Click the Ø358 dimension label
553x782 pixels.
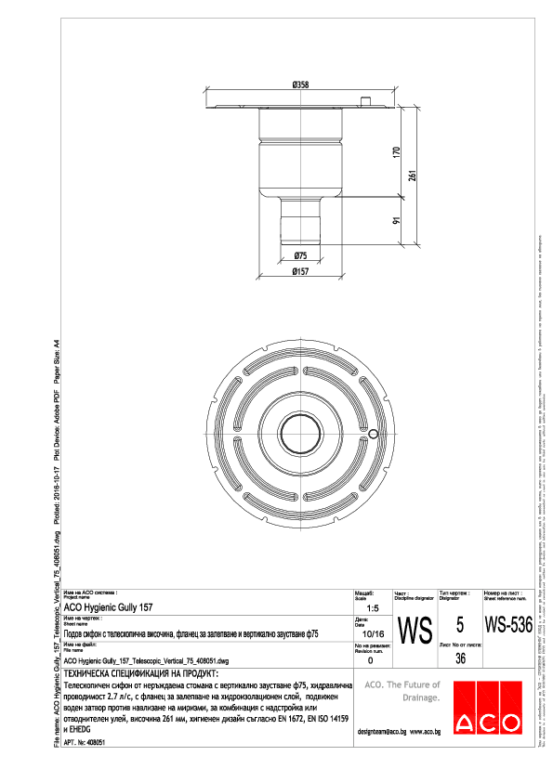(x=300, y=85)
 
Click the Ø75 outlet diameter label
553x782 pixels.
(x=300, y=254)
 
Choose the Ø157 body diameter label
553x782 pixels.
(x=300, y=271)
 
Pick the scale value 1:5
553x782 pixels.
(x=371, y=606)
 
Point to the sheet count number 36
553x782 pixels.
(x=460, y=658)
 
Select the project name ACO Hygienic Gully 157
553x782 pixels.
(x=108, y=606)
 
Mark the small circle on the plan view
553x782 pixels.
(x=373, y=434)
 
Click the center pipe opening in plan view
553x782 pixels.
(x=300, y=434)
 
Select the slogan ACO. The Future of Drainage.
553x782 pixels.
(x=402, y=689)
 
